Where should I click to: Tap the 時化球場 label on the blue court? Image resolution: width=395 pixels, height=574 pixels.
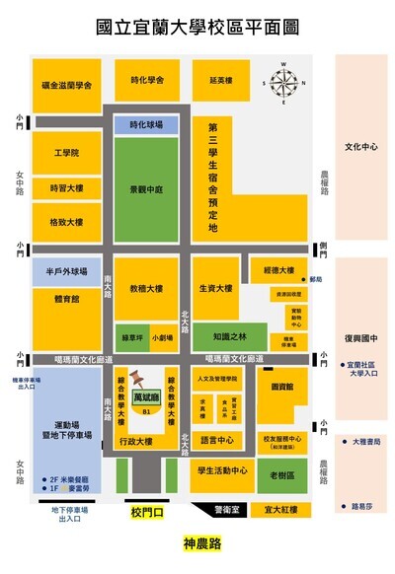146,125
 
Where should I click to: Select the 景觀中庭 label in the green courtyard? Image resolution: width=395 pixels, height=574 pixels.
146,188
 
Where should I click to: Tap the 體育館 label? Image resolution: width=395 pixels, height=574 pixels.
66,296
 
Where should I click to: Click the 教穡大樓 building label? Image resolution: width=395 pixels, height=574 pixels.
146,290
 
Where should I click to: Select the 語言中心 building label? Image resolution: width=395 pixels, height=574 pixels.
216,440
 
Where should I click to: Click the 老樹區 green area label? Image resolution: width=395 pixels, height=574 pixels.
283,475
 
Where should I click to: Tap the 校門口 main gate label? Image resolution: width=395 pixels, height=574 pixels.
145,512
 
